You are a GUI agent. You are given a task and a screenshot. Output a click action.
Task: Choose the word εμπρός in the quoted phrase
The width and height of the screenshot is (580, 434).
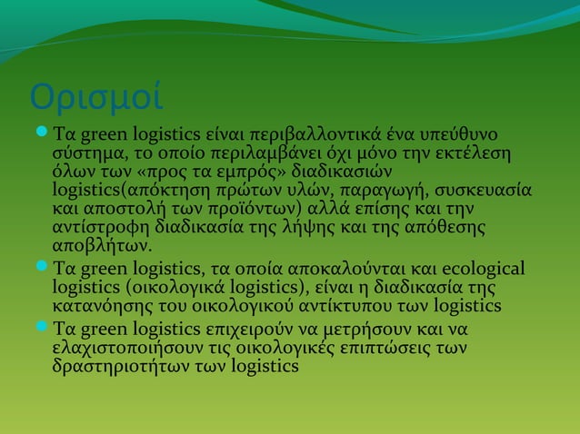click(237, 173)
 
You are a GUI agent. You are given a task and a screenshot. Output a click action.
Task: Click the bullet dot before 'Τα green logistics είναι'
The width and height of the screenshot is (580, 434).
click(42, 133)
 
